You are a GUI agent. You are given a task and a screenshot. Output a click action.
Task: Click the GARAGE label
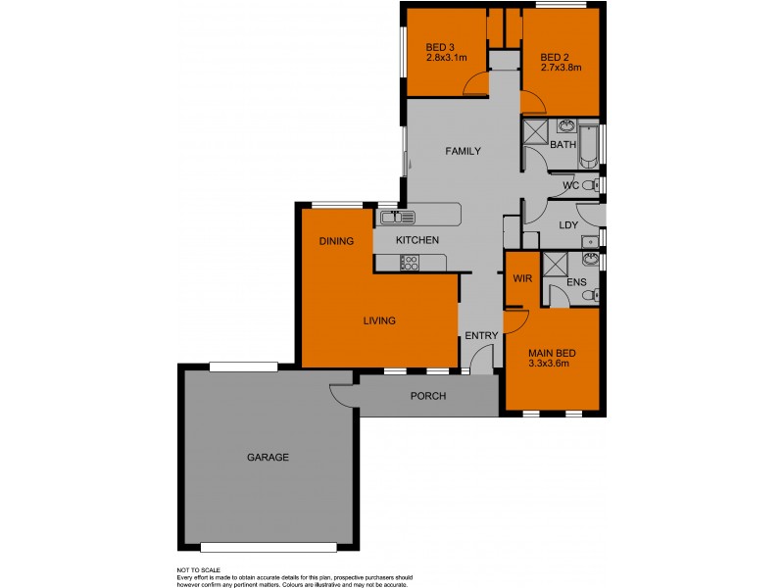pyautogui.click(x=268, y=457)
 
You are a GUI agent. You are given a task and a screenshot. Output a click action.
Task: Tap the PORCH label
pyautogui.click(x=428, y=397)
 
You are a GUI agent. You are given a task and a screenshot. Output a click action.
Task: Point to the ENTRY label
pyautogui.click(x=481, y=336)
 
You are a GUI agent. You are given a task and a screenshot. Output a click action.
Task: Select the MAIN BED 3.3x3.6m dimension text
pyautogui.click(x=549, y=364)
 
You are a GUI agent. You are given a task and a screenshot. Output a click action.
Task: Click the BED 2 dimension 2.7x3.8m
pyautogui.click(x=562, y=68)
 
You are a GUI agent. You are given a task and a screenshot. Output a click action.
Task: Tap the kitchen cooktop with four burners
pyautogui.click(x=410, y=262)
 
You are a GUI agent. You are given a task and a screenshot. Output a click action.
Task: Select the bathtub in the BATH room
pyautogui.click(x=589, y=145)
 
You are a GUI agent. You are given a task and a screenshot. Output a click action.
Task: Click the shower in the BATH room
pyautogui.click(x=536, y=132)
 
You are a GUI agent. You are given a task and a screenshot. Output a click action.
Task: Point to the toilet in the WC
pyautogui.click(x=590, y=185)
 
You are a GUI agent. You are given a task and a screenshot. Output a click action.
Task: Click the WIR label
pyautogui.click(x=521, y=278)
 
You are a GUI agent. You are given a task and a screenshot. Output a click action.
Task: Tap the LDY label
pyautogui.click(x=567, y=224)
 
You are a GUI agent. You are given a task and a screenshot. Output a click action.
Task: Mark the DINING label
pyautogui.click(x=336, y=240)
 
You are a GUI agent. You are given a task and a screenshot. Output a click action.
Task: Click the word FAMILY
pyautogui.click(x=463, y=152)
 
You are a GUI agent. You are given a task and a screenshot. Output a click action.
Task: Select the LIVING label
pyautogui.click(x=378, y=320)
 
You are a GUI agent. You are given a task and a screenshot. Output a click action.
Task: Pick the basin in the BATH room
pyautogui.click(x=567, y=126)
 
